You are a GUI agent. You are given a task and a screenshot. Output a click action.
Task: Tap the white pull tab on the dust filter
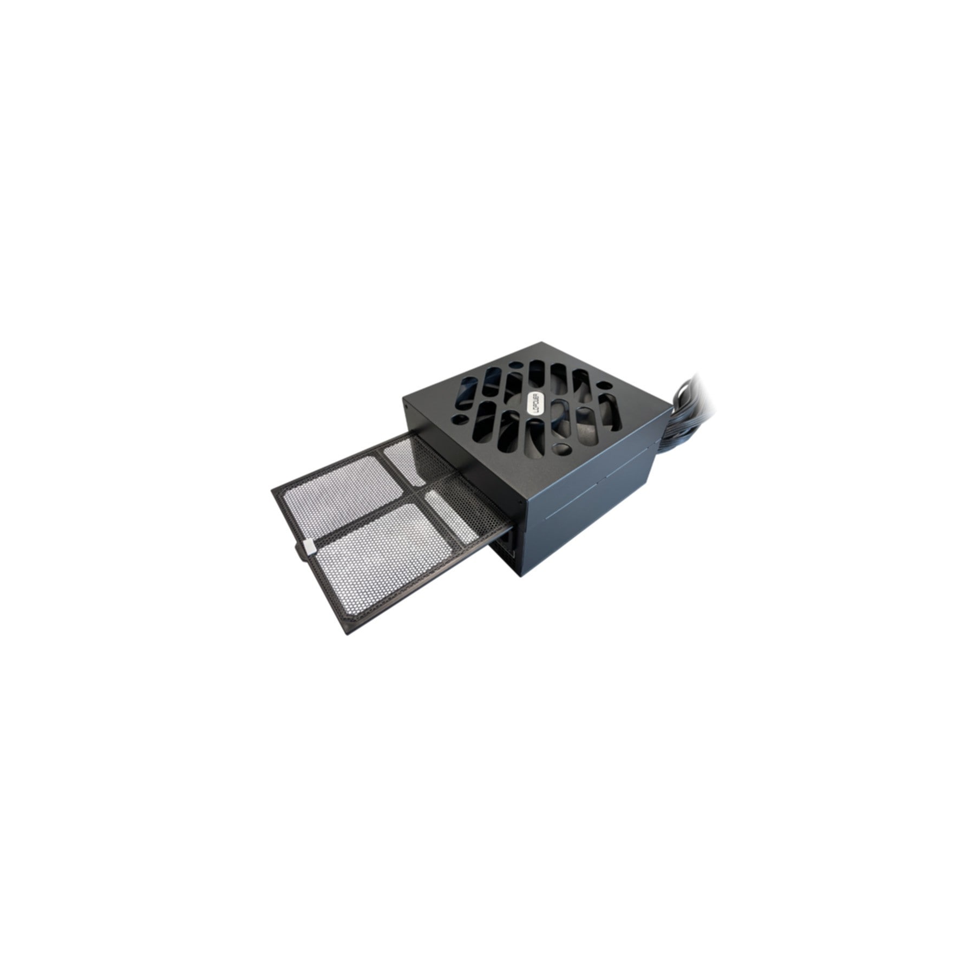click(308, 546)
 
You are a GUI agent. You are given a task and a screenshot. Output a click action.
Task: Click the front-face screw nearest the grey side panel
click(520, 503)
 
